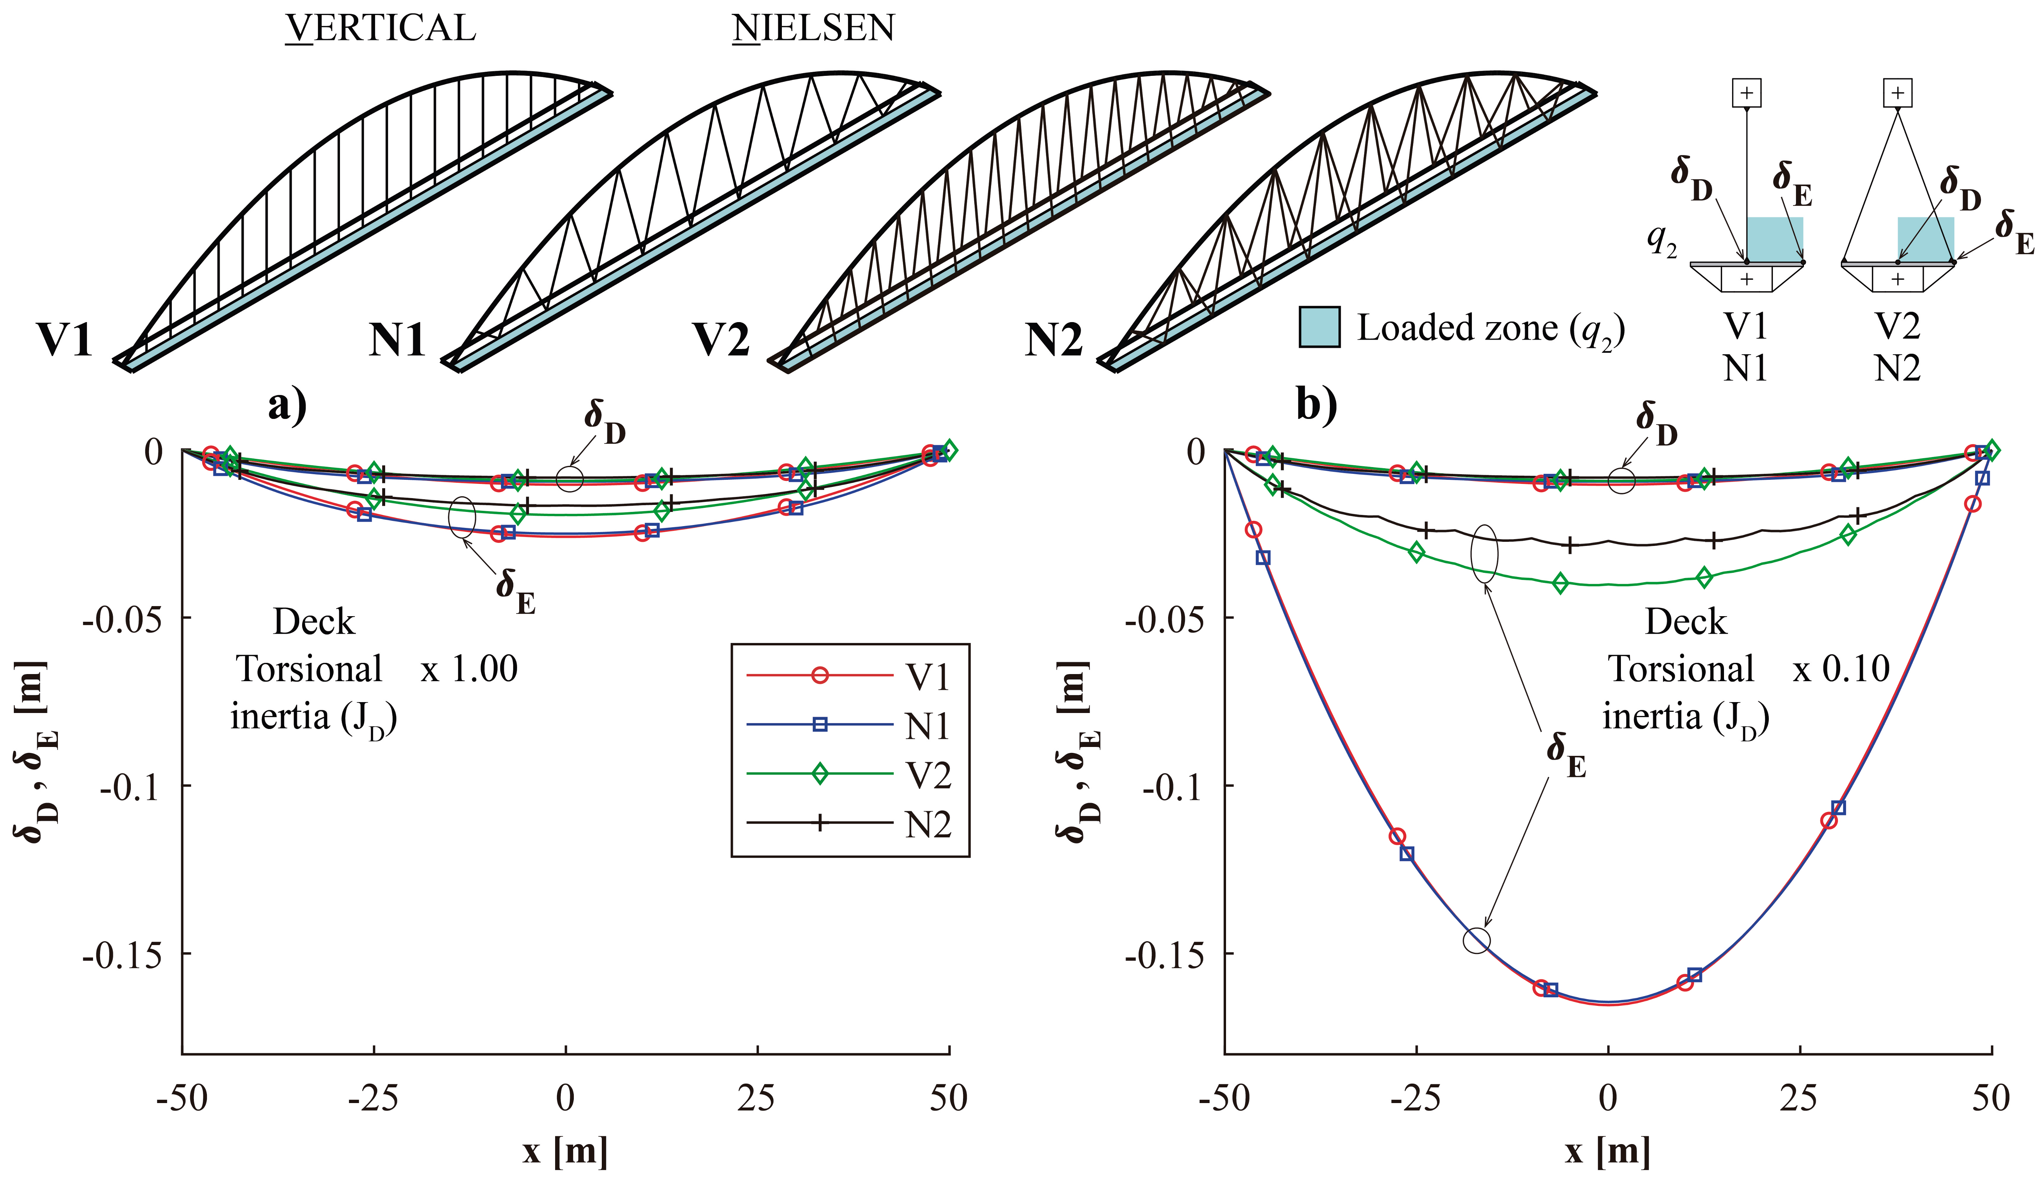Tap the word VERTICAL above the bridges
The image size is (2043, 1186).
pos(380,28)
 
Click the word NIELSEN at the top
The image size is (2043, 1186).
pos(813,28)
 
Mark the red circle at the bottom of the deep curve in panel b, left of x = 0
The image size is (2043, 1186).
pos(1541,987)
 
